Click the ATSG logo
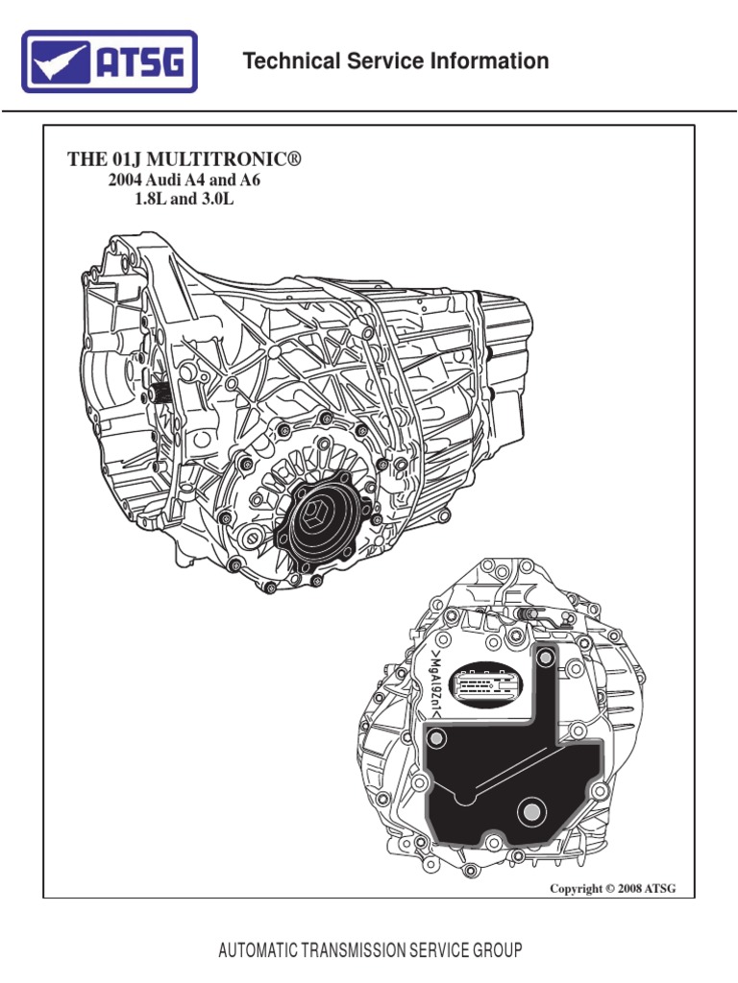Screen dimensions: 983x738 click(110, 61)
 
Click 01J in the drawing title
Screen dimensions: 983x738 click(118, 159)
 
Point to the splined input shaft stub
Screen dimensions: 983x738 click(161, 393)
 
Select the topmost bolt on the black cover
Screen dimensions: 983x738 click(545, 659)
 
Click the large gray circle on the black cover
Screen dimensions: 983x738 click(529, 812)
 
